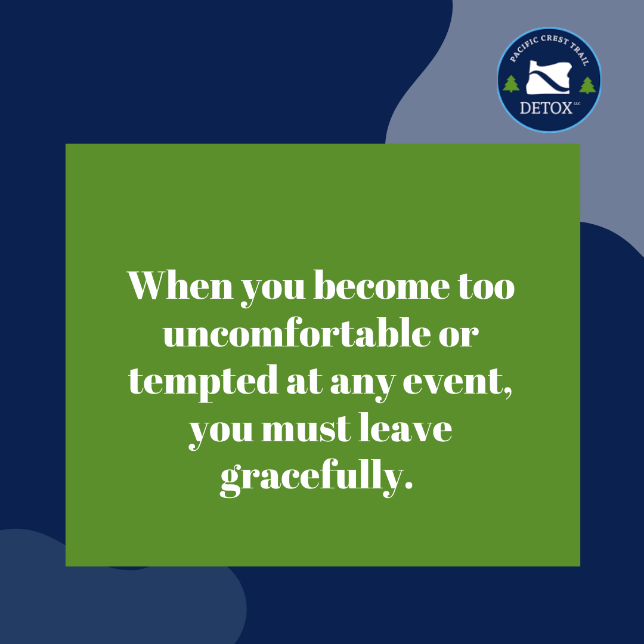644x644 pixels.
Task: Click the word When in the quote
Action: (x=180, y=285)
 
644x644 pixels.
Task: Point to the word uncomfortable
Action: (x=297, y=333)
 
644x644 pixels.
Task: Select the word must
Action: (x=306, y=431)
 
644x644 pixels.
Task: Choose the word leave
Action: (x=406, y=428)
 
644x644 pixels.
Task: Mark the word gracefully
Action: (x=316, y=478)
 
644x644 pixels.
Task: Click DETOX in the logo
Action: (x=546, y=109)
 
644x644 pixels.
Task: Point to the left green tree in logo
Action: (x=511, y=84)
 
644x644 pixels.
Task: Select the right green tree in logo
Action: (x=587, y=85)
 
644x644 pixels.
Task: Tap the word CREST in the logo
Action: (x=555, y=40)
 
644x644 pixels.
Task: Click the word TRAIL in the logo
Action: (x=580, y=54)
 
